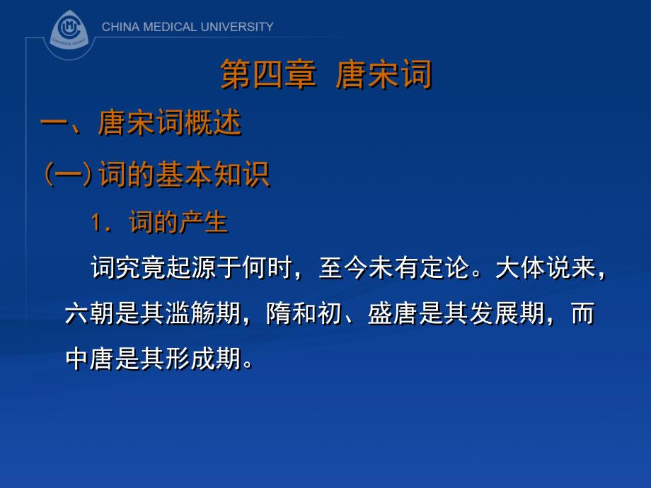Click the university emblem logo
[69, 31]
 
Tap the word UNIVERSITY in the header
[237, 27]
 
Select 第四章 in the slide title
[268, 74]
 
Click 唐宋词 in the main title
[384, 74]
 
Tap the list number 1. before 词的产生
[100, 223]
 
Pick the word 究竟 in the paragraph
[142, 269]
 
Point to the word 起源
[192, 269]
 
